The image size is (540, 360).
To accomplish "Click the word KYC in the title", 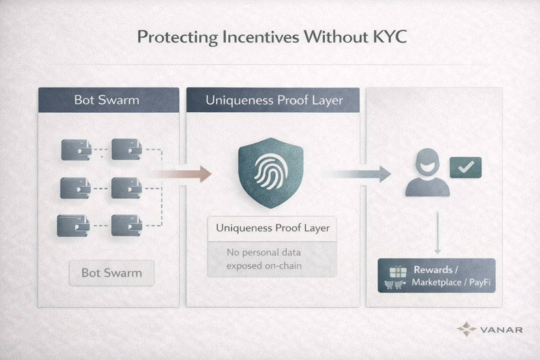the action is click(x=390, y=37).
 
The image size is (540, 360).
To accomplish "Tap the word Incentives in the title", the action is click(x=261, y=37).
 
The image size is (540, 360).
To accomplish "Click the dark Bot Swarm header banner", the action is click(x=109, y=100).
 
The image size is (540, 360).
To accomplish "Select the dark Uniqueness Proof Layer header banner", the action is click(x=273, y=100).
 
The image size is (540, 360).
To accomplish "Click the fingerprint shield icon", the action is click(x=271, y=173).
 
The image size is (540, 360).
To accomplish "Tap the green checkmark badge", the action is click(x=466, y=168).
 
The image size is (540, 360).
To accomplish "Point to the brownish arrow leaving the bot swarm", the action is click(x=181, y=174).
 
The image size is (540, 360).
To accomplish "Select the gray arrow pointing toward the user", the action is click(x=357, y=173).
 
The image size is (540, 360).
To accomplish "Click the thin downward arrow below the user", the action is click(x=438, y=233).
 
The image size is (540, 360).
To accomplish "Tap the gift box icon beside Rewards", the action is click(x=398, y=271).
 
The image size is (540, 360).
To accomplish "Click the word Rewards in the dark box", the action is click(x=433, y=269).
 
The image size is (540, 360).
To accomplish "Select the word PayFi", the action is click(x=480, y=282).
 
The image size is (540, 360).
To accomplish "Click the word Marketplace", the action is click(x=436, y=282).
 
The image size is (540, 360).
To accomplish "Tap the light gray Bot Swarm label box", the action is click(x=112, y=273).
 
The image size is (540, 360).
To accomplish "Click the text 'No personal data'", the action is click(x=263, y=252).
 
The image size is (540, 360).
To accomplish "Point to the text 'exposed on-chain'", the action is click(x=263, y=266).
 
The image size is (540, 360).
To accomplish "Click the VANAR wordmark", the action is click(x=501, y=330).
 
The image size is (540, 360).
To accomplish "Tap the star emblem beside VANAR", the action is click(x=466, y=329).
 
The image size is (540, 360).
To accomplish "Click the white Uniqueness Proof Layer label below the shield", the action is click(x=272, y=228).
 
